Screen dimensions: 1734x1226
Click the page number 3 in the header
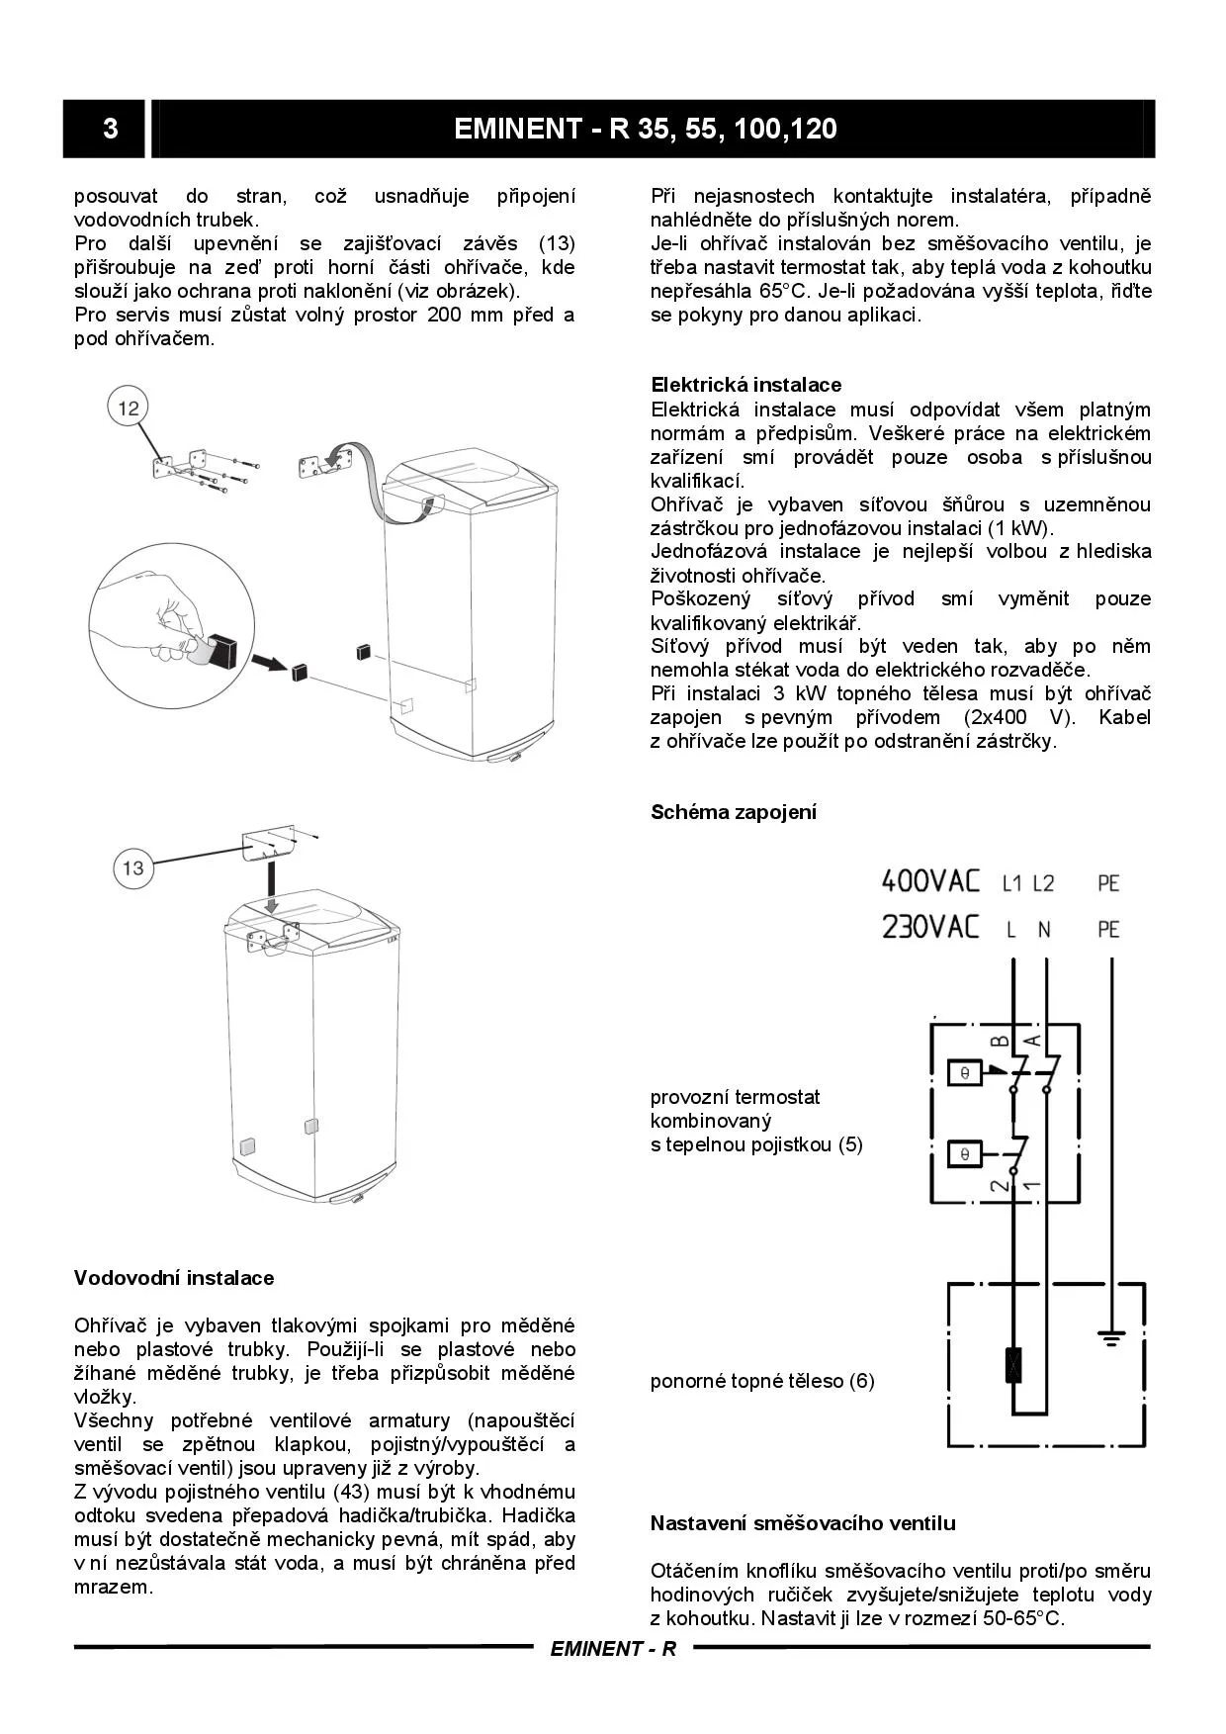pos(110,129)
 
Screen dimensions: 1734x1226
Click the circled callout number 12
pos(129,408)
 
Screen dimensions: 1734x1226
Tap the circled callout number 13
pos(132,867)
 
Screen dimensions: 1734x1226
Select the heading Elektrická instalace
pos(745,385)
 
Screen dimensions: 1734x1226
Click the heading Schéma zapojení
pos(733,812)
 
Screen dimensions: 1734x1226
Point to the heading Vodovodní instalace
pos(174,1278)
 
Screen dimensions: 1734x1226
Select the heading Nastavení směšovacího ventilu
pos(802,1523)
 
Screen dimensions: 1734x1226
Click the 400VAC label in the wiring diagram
pos(929,880)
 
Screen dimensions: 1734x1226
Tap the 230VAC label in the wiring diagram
pos(929,928)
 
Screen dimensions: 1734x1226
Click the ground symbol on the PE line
pos(1112,1339)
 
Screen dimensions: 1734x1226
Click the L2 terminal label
pos(1043,882)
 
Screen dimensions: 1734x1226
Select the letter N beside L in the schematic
pos(1043,930)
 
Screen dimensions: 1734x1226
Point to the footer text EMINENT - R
pos(613,1649)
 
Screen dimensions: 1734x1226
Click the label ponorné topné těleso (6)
pos(762,1381)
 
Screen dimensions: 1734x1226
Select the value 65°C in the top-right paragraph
pos(783,291)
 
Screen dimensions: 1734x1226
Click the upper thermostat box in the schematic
pos(964,1073)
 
